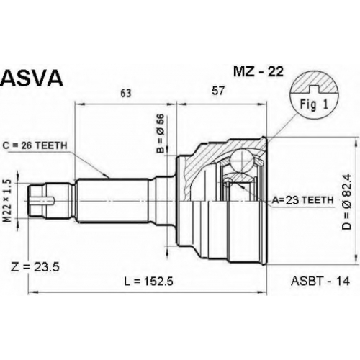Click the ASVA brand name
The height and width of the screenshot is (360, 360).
[32, 78]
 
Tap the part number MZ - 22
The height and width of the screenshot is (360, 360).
[258, 71]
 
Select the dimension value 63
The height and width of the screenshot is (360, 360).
[126, 93]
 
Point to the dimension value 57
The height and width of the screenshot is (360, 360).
[218, 91]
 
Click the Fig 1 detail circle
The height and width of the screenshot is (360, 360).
[314, 95]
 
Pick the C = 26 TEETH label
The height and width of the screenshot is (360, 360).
[35, 145]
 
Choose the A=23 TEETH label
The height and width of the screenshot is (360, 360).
[302, 199]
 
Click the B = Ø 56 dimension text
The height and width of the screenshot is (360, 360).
[161, 133]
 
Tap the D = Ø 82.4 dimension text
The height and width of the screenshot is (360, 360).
[347, 202]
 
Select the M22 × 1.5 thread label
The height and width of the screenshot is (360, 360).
[9, 201]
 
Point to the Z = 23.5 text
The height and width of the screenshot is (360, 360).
[35, 267]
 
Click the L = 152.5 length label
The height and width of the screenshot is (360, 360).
[148, 282]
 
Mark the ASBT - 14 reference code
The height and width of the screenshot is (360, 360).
[320, 281]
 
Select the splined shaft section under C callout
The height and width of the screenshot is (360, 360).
[112, 200]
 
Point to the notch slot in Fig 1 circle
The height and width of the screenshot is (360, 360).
[314, 89]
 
